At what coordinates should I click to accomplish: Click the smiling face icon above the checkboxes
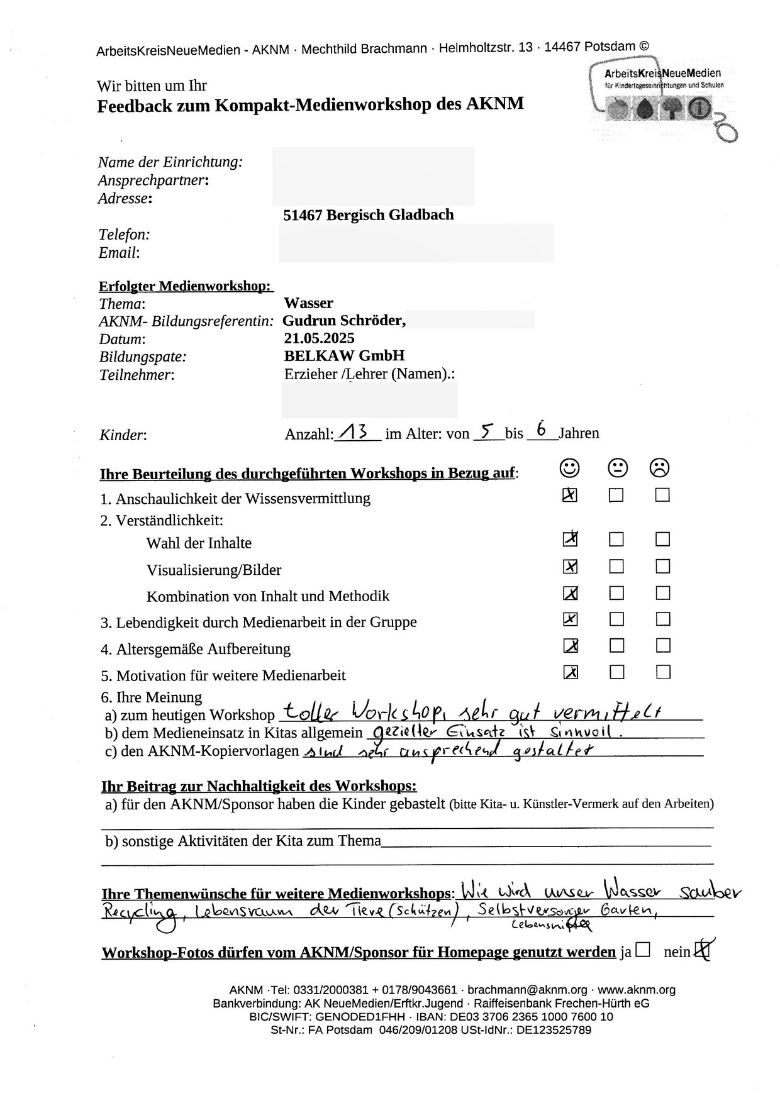[x=569, y=468]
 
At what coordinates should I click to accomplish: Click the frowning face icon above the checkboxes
[x=660, y=468]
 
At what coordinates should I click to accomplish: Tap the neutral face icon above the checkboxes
[x=617, y=468]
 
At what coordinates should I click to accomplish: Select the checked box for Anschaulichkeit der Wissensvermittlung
[x=570, y=496]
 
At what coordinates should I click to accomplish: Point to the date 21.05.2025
[x=319, y=338]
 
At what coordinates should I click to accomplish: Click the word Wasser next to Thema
[x=308, y=303]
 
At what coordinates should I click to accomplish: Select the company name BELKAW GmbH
[x=344, y=356]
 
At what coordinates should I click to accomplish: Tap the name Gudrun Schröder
[x=343, y=321]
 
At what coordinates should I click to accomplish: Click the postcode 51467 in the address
[x=303, y=215]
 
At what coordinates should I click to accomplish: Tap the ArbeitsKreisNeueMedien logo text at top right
[x=662, y=74]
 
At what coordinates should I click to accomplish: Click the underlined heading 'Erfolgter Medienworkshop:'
[x=186, y=286]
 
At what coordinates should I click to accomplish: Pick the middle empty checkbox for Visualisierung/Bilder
[x=616, y=567]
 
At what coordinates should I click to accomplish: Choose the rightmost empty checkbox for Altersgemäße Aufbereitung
[x=662, y=646]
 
